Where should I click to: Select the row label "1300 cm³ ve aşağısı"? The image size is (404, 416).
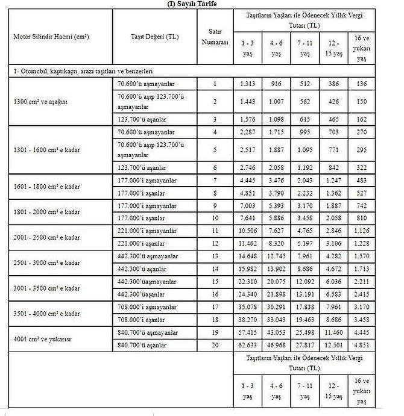41,102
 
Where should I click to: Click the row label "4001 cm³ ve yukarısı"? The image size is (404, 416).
43,340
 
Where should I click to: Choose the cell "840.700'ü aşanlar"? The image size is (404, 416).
144,344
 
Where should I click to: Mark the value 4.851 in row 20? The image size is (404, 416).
361,344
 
